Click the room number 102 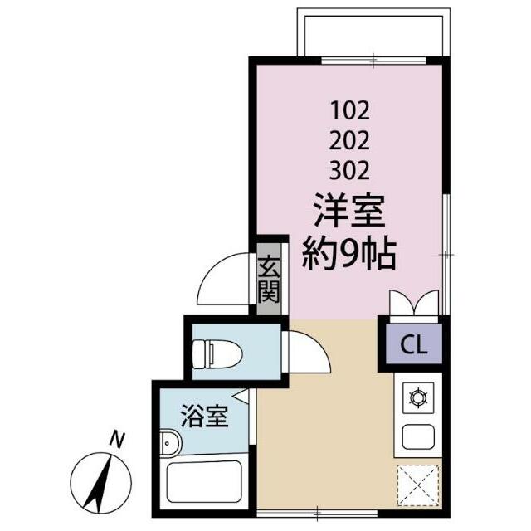pyautogui.click(x=349, y=109)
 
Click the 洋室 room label pyautogui.click(x=349, y=212)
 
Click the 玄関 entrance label pyautogui.click(x=268, y=280)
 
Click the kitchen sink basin pyautogui.click(x=414, y=436)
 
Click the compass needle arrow pyautogui.click(x=104, y=481)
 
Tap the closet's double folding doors pyautogui.click(x=412, y=304)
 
